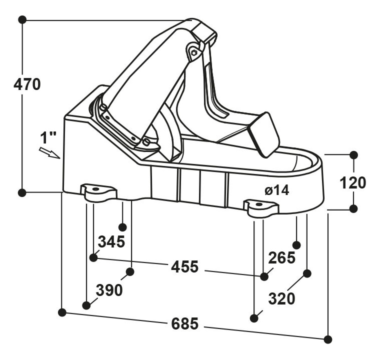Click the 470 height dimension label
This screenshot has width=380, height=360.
(27, 84)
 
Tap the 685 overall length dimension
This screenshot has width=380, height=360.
(184, 323)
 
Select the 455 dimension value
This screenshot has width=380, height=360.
(184, 266)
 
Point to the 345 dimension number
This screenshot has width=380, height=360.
(111, 241)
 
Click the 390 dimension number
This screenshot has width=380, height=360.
(109, 290)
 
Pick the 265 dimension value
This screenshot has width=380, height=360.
(282, 257)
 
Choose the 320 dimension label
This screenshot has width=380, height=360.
(281, 298)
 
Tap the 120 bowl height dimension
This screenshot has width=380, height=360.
(352, 182)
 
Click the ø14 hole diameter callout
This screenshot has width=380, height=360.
(277, 190)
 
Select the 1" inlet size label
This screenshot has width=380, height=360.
(48, 137)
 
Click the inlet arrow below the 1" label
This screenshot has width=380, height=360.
(49, 153)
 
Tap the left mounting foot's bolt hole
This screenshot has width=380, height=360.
(95, 189)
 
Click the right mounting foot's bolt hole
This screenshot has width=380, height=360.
(258, 204)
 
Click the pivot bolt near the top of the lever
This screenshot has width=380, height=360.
(194, 52)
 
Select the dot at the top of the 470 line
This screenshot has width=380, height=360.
(22, 19)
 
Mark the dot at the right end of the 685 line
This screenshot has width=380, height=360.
(328, 339)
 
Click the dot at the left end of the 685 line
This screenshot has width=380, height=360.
(62, 312)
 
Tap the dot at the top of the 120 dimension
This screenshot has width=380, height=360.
(353, 154)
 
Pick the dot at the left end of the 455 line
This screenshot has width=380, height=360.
(93, 257)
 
